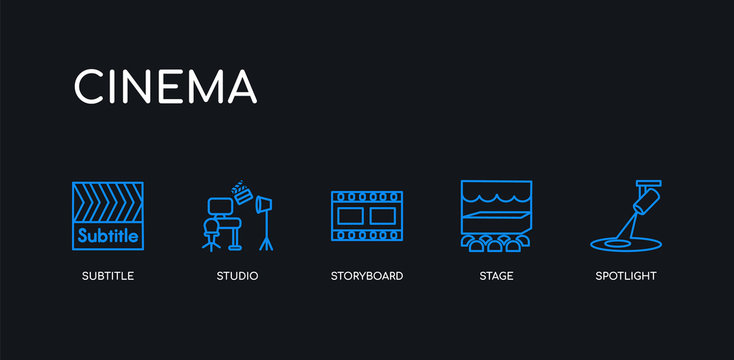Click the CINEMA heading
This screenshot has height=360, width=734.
(165, 86)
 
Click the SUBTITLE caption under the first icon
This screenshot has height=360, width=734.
(107, 275)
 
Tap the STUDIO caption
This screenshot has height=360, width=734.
(237, 275)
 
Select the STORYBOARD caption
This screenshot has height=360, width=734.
(367, 275)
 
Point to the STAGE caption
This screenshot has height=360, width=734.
(496, 275)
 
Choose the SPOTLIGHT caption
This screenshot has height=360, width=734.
(626, 275)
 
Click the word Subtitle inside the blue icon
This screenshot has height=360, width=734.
(108, 237)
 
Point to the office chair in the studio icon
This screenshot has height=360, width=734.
(212, 222)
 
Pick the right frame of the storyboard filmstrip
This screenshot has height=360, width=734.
(383, 215)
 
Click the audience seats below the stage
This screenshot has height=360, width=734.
(496, 243)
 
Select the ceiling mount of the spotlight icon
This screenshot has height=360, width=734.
(648, 183)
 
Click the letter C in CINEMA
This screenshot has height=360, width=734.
(90, 86)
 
